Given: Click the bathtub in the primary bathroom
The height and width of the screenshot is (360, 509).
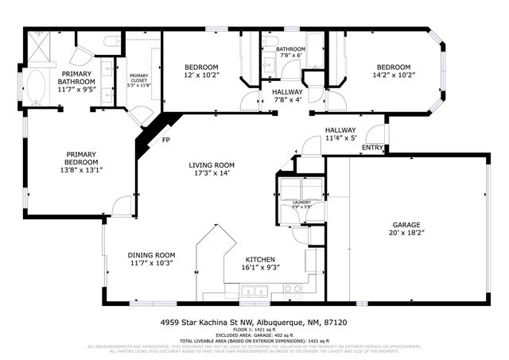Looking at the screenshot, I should pos(37,87).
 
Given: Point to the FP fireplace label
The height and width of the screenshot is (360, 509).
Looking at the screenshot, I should pos(165,141).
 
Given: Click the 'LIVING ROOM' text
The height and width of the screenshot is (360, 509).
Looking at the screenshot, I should pos(211,165).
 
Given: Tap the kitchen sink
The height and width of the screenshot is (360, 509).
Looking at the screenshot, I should pos(292,290).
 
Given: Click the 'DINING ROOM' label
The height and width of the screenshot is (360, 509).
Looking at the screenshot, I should pos(151,255).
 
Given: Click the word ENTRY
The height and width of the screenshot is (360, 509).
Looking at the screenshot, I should pos(371,147).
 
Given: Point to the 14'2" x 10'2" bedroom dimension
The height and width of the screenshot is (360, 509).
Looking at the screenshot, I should pos(393,76).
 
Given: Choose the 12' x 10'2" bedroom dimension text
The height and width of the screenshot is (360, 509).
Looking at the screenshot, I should pos(201,76).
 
